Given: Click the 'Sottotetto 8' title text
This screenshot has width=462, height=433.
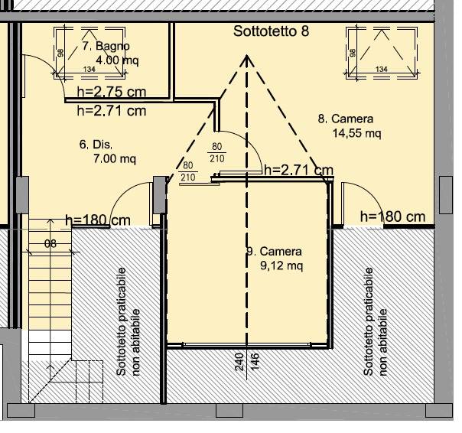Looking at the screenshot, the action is point(271,31).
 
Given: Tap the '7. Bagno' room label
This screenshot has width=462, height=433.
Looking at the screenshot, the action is point(106,46).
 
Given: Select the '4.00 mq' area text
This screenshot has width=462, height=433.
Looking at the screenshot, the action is point(117,60).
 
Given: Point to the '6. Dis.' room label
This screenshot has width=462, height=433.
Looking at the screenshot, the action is point(96,145).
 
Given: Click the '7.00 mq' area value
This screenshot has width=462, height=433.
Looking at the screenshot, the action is point(115,159).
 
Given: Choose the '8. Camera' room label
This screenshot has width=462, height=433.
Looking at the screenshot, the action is point(346,119).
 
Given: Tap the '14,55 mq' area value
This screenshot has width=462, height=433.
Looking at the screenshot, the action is point(356,133).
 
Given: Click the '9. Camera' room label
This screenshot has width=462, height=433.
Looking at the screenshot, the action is point(275,252).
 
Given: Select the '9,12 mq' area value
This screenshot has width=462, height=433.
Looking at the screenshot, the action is point(281,266).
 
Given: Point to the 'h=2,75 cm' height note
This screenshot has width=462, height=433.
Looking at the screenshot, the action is point(112,92).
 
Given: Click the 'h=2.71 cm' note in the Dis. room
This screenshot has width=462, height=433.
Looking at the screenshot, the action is point(112,111).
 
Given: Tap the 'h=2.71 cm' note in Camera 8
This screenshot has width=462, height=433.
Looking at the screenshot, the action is point(299,170).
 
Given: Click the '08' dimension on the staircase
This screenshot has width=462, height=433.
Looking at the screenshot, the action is point(50,244).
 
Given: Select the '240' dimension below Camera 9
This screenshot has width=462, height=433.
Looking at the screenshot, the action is point(239,362).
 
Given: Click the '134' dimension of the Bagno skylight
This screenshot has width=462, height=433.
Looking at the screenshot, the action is point(89,70).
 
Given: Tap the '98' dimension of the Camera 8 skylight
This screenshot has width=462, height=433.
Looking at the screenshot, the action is point(353,53).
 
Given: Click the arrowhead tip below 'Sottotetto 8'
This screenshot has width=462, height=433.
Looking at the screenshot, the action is point(246,55).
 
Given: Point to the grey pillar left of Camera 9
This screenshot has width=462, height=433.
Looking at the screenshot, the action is point(160,195).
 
